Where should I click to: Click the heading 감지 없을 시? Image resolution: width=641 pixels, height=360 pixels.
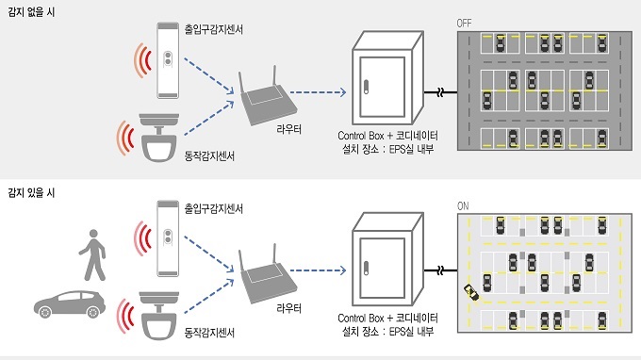tap(31, 12)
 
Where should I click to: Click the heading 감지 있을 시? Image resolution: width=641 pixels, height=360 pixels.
tap(31, 192)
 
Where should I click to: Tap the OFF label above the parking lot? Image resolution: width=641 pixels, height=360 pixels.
tap(464, 24)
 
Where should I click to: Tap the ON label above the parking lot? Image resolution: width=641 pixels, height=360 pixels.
tap(463, 206)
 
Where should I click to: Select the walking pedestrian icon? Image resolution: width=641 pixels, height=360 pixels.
tap(93, 254)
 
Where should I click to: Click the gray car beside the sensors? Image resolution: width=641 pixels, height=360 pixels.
tap(70, 304)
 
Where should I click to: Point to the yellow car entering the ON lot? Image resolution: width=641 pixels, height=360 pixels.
tap(471, 292)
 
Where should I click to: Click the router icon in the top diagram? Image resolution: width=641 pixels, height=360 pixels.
tap(268, 98)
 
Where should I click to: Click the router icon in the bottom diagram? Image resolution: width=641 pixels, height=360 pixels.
tap(268, 275)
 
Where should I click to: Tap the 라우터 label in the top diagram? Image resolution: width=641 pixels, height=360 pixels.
tap(289, 129)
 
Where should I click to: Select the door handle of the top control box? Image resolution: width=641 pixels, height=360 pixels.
tap(366, 87)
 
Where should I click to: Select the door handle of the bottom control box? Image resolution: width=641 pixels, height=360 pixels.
tap(366, 268)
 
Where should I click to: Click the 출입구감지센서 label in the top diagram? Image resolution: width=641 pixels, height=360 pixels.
tap(214, 29)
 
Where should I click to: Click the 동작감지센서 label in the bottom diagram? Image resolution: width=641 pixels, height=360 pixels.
tap(209, 333)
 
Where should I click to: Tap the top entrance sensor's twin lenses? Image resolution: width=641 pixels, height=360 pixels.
tap(168, 58)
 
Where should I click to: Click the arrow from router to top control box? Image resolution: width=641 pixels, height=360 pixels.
tap(318, 92)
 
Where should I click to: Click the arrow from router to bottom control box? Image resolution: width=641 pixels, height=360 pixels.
tap(318, 270)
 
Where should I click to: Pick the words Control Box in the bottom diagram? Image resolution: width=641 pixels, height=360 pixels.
tap(361, 318)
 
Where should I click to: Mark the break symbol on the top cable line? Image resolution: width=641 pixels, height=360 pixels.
tap(440, 92)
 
